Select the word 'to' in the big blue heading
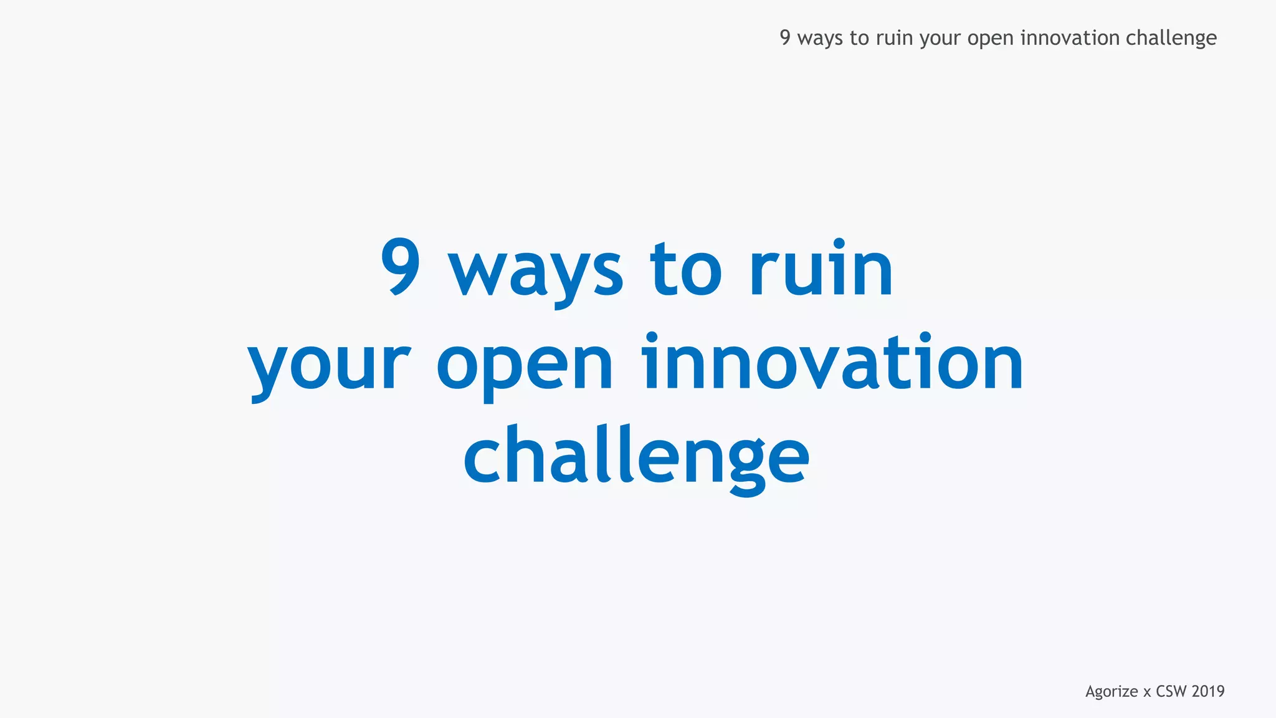pos(685,270)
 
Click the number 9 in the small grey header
pos(785,37)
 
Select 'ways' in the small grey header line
pos(820,39)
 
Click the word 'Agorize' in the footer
pos(1112,692)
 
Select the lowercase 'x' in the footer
pos(1147,692)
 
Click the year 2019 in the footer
pos(1208,691)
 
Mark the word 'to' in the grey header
pos(859,37)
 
